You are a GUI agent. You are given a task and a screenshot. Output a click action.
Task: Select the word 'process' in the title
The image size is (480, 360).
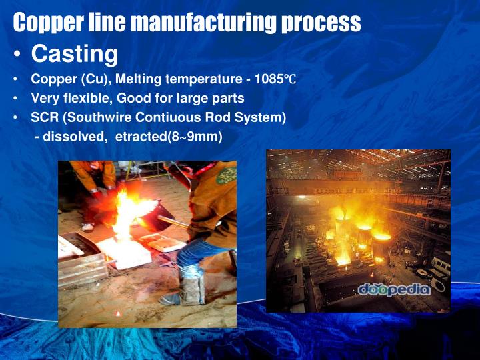click(321, 23)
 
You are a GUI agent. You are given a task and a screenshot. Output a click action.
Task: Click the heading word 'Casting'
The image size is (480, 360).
click(75, 53)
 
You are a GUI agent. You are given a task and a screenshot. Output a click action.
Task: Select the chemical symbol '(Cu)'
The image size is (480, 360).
click(96, 80)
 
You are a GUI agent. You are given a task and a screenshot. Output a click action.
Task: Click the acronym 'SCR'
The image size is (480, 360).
click(45, 117)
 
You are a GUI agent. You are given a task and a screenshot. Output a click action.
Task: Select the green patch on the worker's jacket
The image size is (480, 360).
click(225, 175)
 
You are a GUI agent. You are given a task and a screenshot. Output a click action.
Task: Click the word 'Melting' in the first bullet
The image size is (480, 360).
click(140, 80)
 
